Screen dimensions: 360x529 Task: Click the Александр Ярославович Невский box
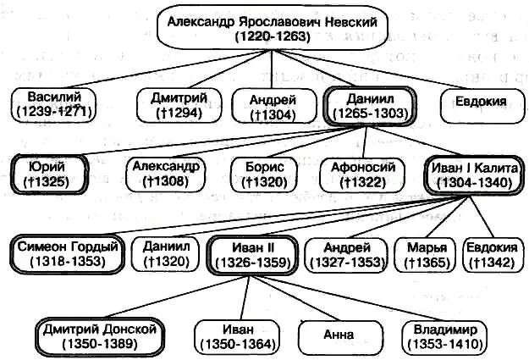tap(271, 29)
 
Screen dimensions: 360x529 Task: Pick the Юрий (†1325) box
tap(53, 174)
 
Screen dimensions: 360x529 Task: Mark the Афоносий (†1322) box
tap(357, 174)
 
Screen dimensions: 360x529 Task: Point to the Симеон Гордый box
tap(66, 254)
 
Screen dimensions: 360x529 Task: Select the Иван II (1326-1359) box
tap(251, 254)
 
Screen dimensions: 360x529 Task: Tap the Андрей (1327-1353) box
tap(344, 254)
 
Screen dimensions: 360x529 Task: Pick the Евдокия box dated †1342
tap(492, 254)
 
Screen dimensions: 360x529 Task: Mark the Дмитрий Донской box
tap(101, 335)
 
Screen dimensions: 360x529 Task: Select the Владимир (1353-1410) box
tap(439, 335)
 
